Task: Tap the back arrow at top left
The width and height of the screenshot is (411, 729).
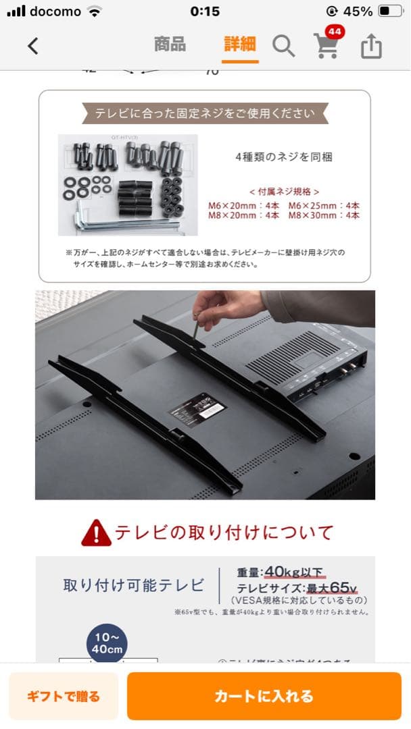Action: coord(32,46)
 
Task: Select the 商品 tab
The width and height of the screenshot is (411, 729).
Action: coord(170,45)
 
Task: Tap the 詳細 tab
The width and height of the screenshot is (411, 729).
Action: coord(240,45)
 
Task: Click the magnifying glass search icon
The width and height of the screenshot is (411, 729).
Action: coord(283,46)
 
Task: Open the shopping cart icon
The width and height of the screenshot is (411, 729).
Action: coord(327,47)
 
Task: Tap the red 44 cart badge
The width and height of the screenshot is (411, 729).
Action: coord(333,32)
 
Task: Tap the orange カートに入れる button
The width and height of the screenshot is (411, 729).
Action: coord(264,696)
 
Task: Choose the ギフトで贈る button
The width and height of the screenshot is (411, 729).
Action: coord(64,696)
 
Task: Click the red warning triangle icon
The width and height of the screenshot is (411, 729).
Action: coord(96,533)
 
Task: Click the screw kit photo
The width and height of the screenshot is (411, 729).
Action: coord(128,184)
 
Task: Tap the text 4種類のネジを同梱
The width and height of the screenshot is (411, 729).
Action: coord(283,157)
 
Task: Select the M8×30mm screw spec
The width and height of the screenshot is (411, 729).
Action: coord(324,215)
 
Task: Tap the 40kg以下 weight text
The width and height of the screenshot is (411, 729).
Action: coord(295,572)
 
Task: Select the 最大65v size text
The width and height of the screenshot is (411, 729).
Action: coord(331,587)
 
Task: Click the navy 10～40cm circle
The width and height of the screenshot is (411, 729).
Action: coord(107,643)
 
